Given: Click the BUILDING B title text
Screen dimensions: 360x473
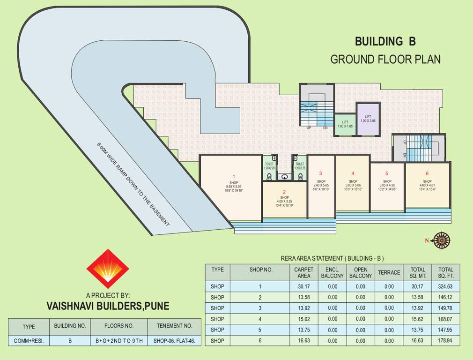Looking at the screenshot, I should coord(385,41).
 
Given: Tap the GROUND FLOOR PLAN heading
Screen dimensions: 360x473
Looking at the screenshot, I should coord(385,60).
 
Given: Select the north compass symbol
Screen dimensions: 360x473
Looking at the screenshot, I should coord(441,240).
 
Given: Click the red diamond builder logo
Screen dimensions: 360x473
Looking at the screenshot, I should coord(108,269).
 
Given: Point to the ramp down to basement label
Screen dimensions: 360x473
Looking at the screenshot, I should coord(133,185).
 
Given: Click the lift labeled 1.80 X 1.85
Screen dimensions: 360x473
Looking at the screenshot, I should coord(345,124).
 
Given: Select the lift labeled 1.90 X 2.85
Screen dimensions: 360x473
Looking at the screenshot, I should coord(368,119).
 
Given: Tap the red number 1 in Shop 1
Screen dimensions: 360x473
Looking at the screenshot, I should coord(234,177).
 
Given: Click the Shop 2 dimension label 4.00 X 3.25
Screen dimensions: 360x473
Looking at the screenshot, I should coord(284,202).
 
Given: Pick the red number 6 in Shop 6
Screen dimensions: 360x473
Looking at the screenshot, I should coord(427,173).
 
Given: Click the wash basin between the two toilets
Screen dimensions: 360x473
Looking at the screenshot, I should coord(285,177).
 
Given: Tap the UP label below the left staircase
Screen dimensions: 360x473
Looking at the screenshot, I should coord(309,127).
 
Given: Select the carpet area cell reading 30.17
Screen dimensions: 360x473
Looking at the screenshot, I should coord(303,286).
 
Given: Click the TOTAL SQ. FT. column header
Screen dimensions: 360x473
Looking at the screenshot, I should coord(445,273).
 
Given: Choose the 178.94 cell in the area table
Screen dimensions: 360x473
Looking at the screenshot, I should coord(445,341).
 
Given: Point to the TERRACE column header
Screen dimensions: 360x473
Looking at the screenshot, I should coord(389,273).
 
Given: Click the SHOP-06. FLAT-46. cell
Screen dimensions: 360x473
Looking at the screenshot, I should coord(174,341).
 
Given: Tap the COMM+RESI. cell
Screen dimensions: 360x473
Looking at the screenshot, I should coord(29,341).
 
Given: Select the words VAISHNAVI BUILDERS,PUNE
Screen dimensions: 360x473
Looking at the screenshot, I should coord(108,306).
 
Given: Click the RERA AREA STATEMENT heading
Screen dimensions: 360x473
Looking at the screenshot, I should coord(332,258).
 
